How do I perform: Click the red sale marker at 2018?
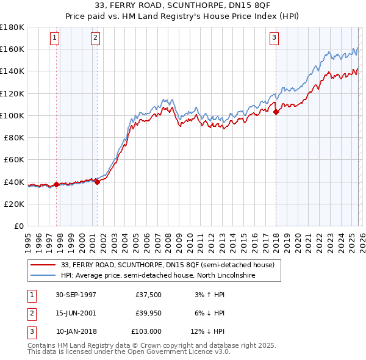coord(276,112)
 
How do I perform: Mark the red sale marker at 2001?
coord(97,181)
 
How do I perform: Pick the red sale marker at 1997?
coord(57,184)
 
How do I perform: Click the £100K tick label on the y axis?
coord(12,115)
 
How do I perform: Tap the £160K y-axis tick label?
coord(12,49)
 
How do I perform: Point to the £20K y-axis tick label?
coord(14,204)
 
